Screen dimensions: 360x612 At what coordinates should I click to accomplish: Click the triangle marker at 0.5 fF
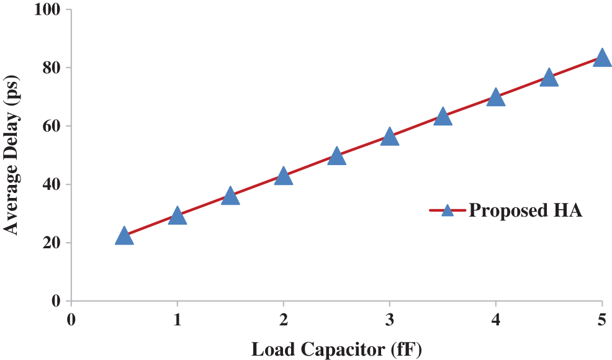pos(124,236)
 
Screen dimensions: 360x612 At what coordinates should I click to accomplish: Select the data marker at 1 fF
pos(178,216)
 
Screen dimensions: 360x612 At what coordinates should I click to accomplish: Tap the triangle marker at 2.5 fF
pos(336,156)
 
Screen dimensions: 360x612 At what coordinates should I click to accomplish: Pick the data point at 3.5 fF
pos(443,117)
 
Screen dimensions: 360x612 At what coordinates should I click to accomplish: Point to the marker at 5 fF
pos(601,58)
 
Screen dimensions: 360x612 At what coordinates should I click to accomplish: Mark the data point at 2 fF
pos(284,176)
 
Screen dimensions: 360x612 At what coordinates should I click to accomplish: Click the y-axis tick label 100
pos(49,10)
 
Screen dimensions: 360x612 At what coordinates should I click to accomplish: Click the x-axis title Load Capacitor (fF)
pos(336,349)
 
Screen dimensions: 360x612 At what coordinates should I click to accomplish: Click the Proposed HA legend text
pos(525,210)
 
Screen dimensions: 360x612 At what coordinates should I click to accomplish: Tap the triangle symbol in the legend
pos(448,210)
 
